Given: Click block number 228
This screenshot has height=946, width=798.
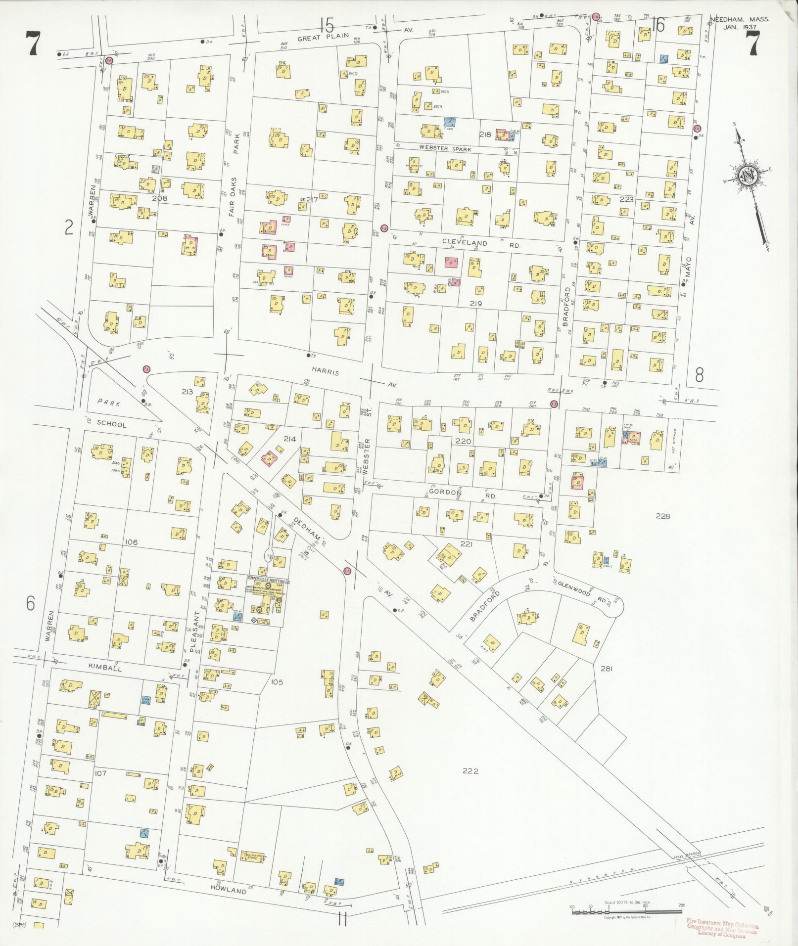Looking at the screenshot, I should click(662, 516).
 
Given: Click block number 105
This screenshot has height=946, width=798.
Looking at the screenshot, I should click(277, 682).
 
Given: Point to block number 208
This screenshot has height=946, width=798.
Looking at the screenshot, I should click(159, 198).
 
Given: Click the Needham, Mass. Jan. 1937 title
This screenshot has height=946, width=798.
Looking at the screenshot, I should click(739, 23).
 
